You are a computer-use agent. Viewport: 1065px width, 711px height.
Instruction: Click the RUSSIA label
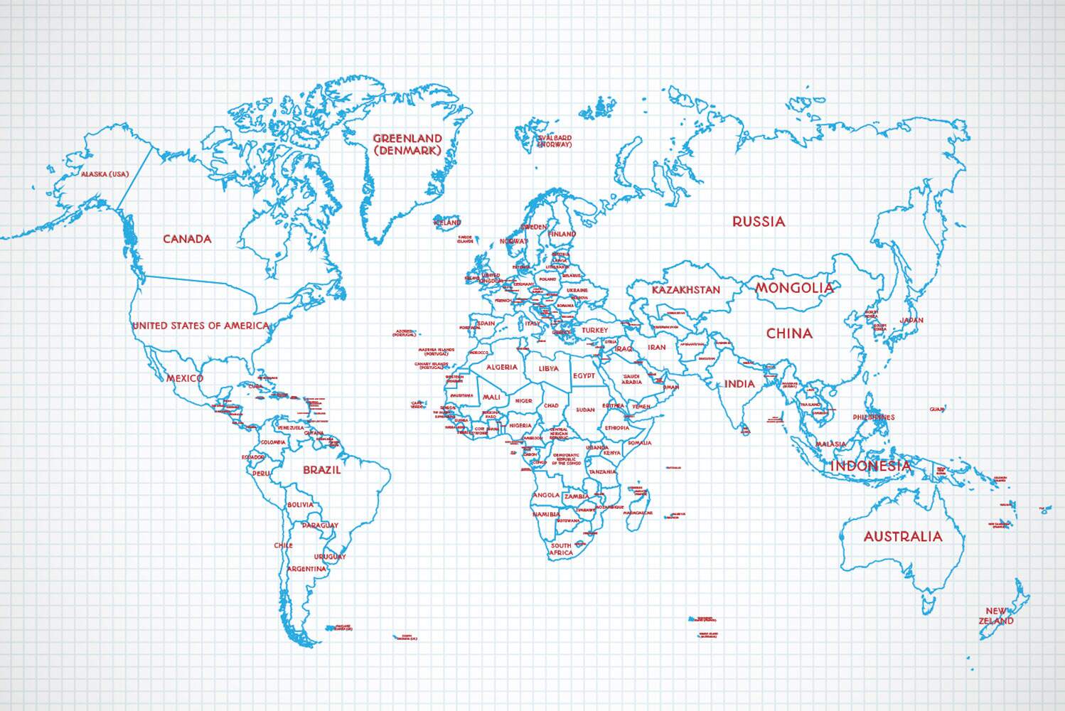coord(759,222)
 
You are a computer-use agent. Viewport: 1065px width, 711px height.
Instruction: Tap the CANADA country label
coord(187,239)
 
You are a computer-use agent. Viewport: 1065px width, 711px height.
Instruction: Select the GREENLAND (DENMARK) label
coord(407,144)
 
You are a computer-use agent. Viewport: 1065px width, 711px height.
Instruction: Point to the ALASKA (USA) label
coord(105,174)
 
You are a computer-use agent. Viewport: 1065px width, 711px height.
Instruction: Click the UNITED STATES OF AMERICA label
coord(201,326)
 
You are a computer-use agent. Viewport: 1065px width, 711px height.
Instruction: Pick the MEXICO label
coord(185,378)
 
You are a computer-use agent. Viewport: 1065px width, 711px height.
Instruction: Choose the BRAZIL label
coord(322,470)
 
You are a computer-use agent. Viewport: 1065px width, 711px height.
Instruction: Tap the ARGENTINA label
coord(307,569)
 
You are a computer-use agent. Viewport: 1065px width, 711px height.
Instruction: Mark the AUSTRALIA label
coord(902,537)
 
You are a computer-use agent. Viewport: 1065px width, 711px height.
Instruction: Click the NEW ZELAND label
coord(996,616)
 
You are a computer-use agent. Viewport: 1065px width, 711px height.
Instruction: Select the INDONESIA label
coord(870,466)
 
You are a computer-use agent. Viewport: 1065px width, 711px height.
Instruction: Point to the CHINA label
coord(789,333)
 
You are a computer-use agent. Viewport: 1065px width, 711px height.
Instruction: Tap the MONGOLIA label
coord(794,288)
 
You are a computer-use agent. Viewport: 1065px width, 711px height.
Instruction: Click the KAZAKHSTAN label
coord(686,290)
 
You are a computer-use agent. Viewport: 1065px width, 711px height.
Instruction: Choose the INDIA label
coord(739,384)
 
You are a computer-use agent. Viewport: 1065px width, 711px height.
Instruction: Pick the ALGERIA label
coord(502,368)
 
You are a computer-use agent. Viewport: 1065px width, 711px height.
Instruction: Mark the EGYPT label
coord(584,376)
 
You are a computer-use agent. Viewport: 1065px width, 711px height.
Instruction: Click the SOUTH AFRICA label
coord(561,549)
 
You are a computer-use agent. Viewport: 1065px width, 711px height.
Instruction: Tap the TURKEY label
coord(594,331)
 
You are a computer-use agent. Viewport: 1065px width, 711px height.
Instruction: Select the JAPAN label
coord(911,321)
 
